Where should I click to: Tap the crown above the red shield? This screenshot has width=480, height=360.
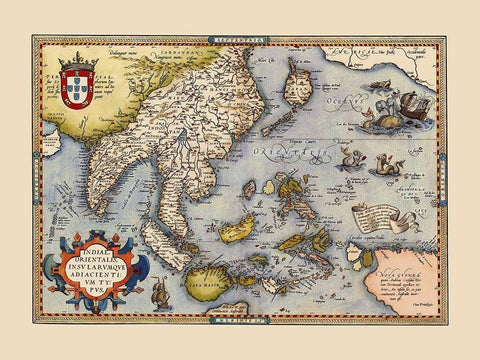pyautogui.click(x=78, y=61)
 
